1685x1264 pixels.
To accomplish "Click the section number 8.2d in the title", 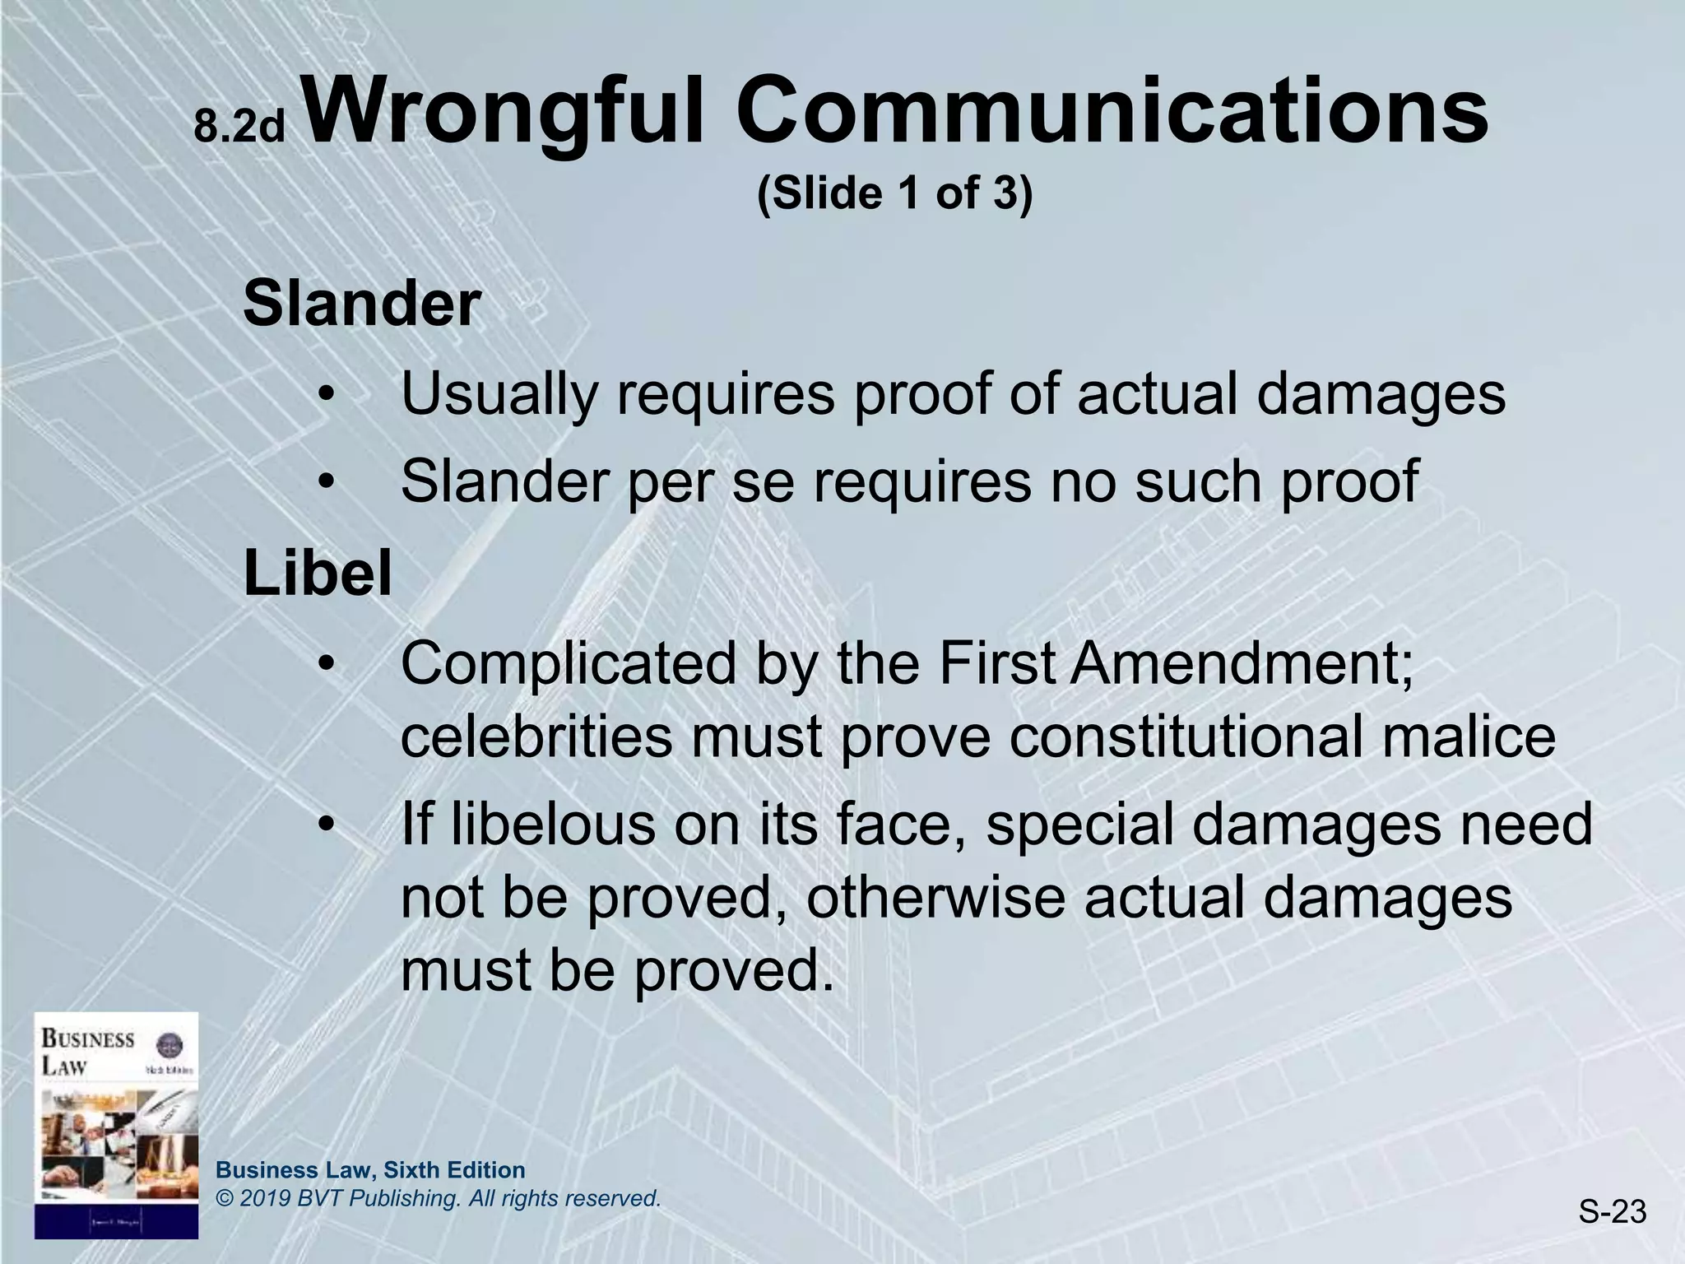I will click(239, 128).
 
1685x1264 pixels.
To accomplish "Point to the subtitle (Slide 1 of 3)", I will click(894, 194).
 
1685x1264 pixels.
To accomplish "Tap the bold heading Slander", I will click(362, 304).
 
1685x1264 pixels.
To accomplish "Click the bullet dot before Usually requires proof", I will click(327, 396).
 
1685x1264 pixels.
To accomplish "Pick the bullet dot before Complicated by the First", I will click(327, 665).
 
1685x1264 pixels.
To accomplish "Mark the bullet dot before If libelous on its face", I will click(327, 825).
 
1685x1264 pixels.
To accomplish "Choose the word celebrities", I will click(536, 737).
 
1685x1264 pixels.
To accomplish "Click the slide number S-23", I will click(1611, 1211).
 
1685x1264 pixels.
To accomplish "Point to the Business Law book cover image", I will click(116, 1125).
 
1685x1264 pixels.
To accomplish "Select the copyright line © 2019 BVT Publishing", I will click(438, 1199).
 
